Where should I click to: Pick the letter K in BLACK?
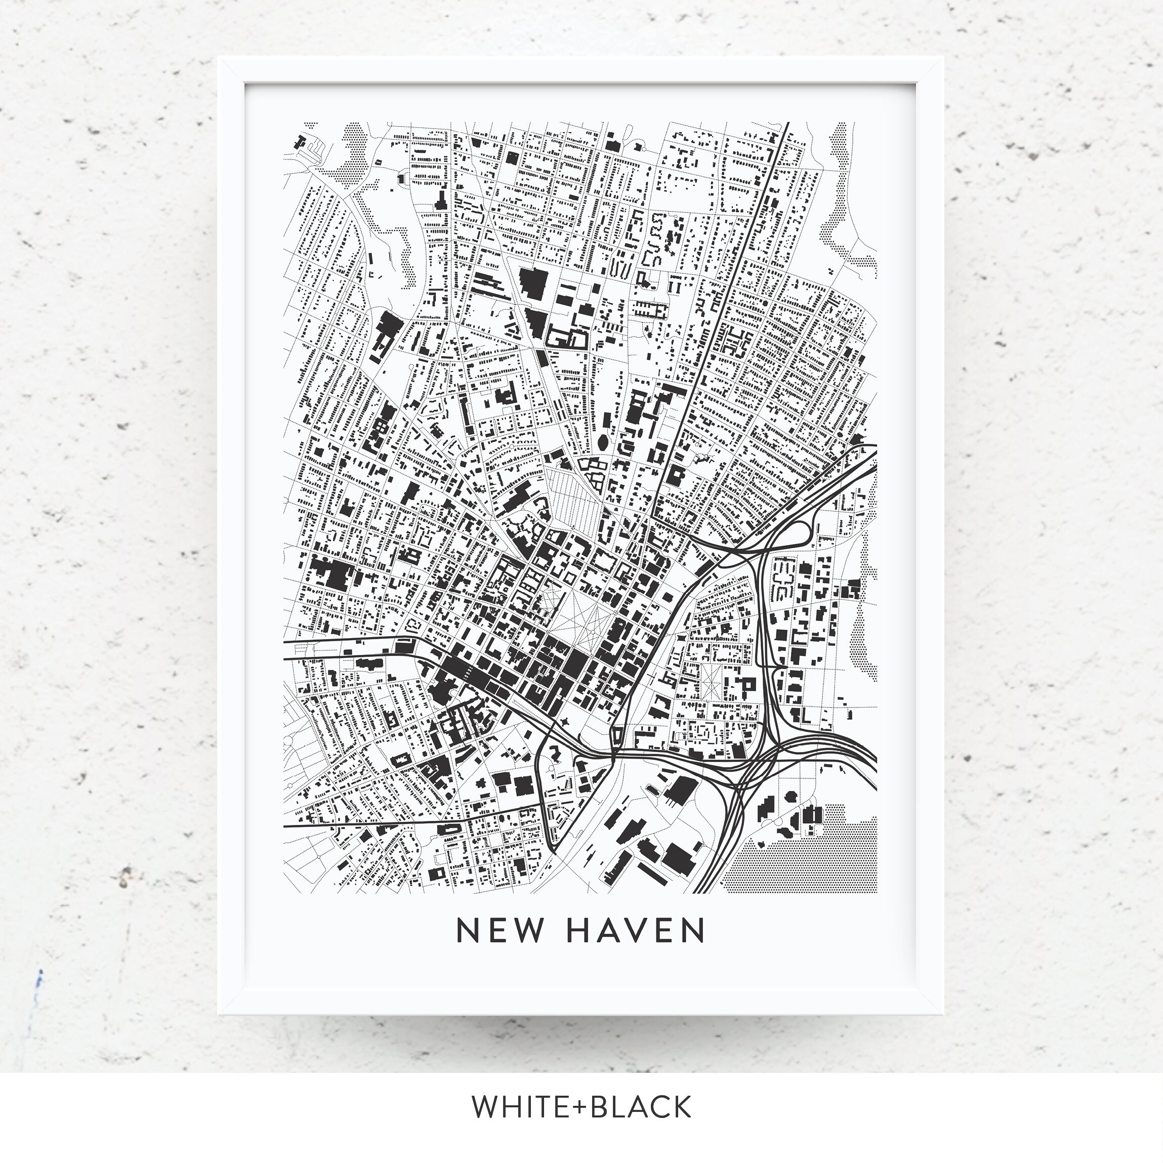[680, 1107]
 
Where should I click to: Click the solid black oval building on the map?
[603, 443]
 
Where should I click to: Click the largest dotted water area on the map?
[801, 855]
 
